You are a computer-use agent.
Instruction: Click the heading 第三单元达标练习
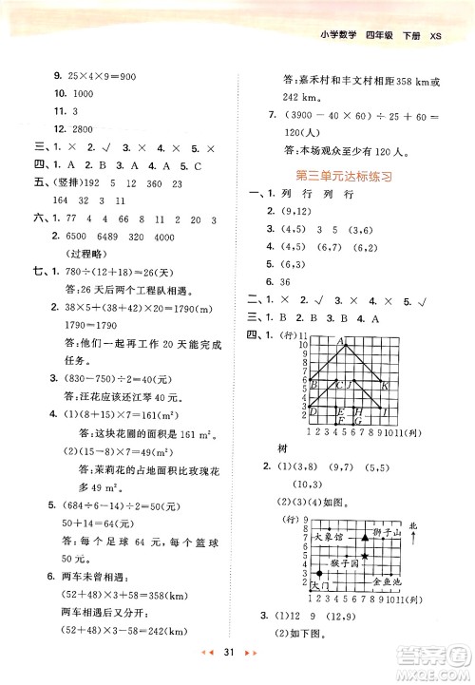coord(345,176)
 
